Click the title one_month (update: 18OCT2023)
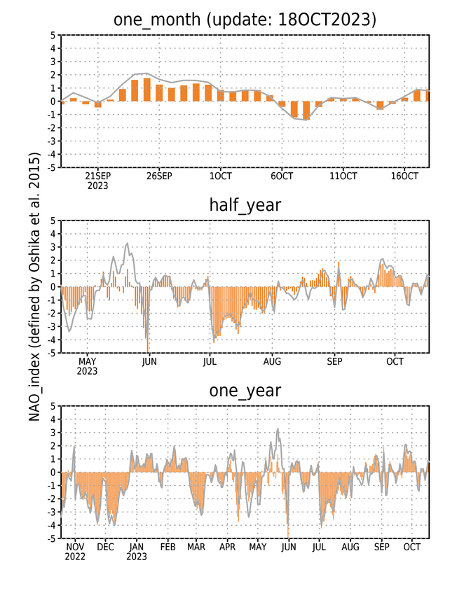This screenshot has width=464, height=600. coord(245,20)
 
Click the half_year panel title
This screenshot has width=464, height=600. coord(245,205)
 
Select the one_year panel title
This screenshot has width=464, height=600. coord(245,391)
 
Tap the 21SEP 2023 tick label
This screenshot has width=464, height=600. coord(97,181)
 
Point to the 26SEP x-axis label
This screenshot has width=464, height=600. coord(159,176)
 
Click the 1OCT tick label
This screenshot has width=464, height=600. coord(220,176)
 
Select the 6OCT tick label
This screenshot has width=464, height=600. coord(282,176)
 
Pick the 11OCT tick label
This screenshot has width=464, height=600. coord(343,176)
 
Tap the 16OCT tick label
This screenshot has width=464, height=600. coord(404,176)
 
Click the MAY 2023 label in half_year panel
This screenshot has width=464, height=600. coord(87,366)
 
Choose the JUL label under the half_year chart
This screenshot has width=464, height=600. coord(210,361)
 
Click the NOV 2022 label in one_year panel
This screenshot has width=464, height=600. coord(75,552)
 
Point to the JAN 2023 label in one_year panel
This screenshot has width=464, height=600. coord(137,552)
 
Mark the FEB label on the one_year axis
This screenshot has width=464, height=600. coord(168,547)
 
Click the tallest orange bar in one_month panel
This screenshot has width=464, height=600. coord(146,90)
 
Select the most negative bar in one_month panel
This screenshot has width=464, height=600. coord(306,111)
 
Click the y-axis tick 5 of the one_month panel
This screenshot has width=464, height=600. coord(53,35)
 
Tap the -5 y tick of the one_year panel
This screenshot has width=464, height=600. coord(51,538)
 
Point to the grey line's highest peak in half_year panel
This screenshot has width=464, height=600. coord(127,243)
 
